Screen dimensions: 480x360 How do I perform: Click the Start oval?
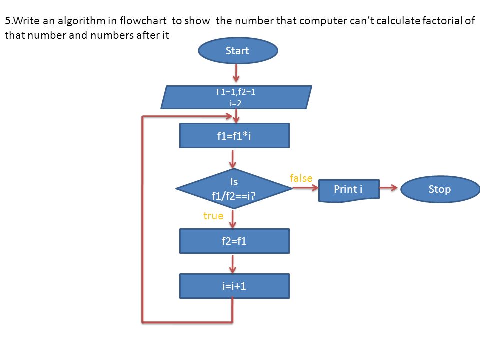238,51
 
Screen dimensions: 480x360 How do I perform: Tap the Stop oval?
440,189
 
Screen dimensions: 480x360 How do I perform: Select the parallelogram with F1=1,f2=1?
236,97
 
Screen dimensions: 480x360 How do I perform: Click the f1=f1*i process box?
234,136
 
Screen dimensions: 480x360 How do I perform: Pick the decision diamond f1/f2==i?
234,189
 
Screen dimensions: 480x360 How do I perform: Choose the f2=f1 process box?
234,241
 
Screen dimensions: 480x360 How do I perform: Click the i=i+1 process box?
234,286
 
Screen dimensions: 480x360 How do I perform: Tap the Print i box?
349,190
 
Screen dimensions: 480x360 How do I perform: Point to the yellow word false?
301,178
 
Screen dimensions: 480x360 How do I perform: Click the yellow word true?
213,216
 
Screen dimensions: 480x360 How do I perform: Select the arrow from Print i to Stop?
389,188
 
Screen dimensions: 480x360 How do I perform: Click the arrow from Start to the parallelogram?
236,73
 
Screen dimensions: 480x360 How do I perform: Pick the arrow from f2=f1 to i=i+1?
233,264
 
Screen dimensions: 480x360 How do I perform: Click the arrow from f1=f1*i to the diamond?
233,159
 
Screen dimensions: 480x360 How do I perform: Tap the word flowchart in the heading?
143,21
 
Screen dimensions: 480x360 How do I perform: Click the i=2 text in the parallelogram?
235,103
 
